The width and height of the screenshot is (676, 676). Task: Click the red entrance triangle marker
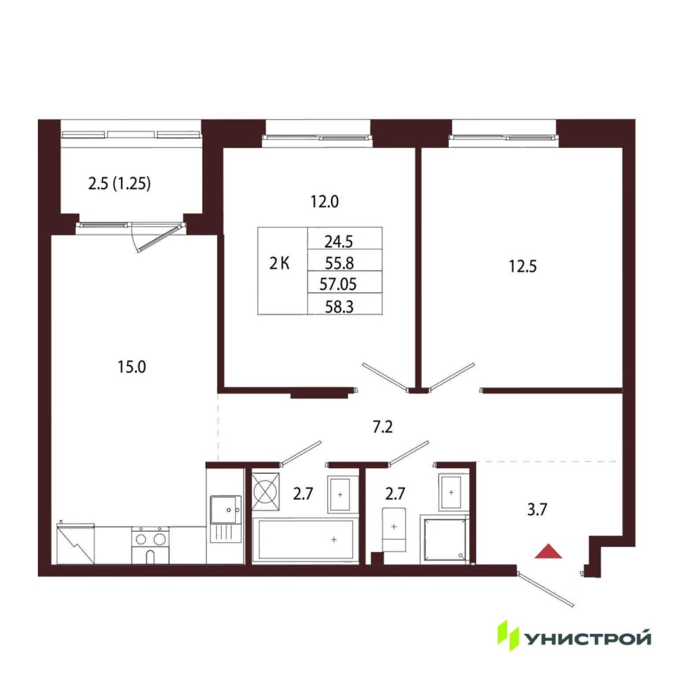[x=548, y=552]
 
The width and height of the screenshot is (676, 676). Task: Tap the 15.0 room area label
[x=132, y=368]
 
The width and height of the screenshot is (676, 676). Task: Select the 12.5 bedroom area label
[x=522, y=266]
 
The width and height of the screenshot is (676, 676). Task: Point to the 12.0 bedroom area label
[x=325, y=201]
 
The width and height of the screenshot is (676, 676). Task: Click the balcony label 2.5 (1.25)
[x=120, y=184]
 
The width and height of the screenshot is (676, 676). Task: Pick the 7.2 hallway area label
[x=383, y=427]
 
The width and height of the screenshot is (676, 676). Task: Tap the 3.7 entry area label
[x=537, y=510]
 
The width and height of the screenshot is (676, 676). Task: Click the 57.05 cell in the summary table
[x=338, y=284]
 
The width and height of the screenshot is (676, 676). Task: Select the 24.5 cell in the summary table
[x=339, y=242]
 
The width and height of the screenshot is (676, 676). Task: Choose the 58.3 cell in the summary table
[x=339, y=307]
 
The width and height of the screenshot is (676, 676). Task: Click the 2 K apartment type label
[x=280, y=263]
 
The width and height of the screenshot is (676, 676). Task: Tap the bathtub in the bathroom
[x=305, y=540]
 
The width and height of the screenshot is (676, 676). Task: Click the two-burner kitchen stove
[x=150, y=545]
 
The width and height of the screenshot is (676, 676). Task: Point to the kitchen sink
[x=225, y=519]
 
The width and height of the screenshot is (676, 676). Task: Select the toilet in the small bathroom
[x=394, y=530]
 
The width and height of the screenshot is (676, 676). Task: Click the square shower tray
[x=444, y=539]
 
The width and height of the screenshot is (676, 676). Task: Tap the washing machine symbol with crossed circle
[x=265, y=492]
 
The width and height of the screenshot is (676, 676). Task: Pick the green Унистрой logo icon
[x=508, y=635]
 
